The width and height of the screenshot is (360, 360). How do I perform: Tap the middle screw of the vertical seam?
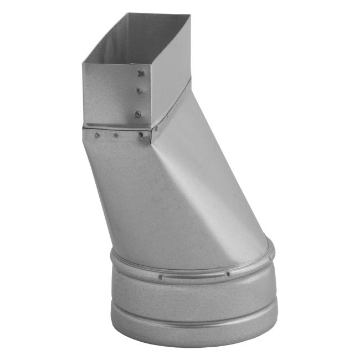click(x=140, y=90)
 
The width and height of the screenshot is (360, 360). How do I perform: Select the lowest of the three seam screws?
click(x=137, y=114)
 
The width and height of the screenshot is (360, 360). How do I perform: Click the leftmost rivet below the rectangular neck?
click(x=97, y=134)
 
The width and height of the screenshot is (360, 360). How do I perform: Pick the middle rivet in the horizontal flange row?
click(x=116, y=135)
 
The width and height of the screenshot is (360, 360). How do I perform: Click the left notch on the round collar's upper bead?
click(x=160, y=277)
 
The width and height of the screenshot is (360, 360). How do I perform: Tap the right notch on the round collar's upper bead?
click(x=228, y=274)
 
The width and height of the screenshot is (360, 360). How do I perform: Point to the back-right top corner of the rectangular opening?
click(x=190, y=16)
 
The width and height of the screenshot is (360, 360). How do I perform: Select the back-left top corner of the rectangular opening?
click(x=127, y=13)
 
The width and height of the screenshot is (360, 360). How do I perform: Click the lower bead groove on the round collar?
click(x=194, y=322)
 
